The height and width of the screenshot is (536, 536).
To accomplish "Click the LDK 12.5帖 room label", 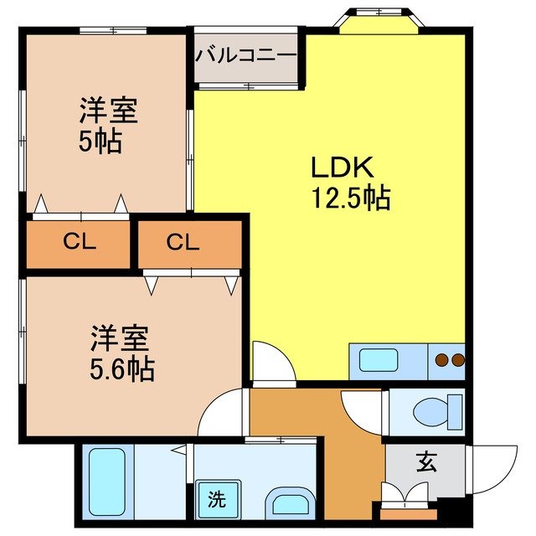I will (350, 183).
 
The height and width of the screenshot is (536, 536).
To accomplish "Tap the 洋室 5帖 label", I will (107, 126).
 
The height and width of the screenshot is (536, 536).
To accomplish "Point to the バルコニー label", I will (246, 56).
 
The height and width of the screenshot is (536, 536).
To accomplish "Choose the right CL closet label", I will (183, 244).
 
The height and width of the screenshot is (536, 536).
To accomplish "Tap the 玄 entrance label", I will (426, 461).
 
